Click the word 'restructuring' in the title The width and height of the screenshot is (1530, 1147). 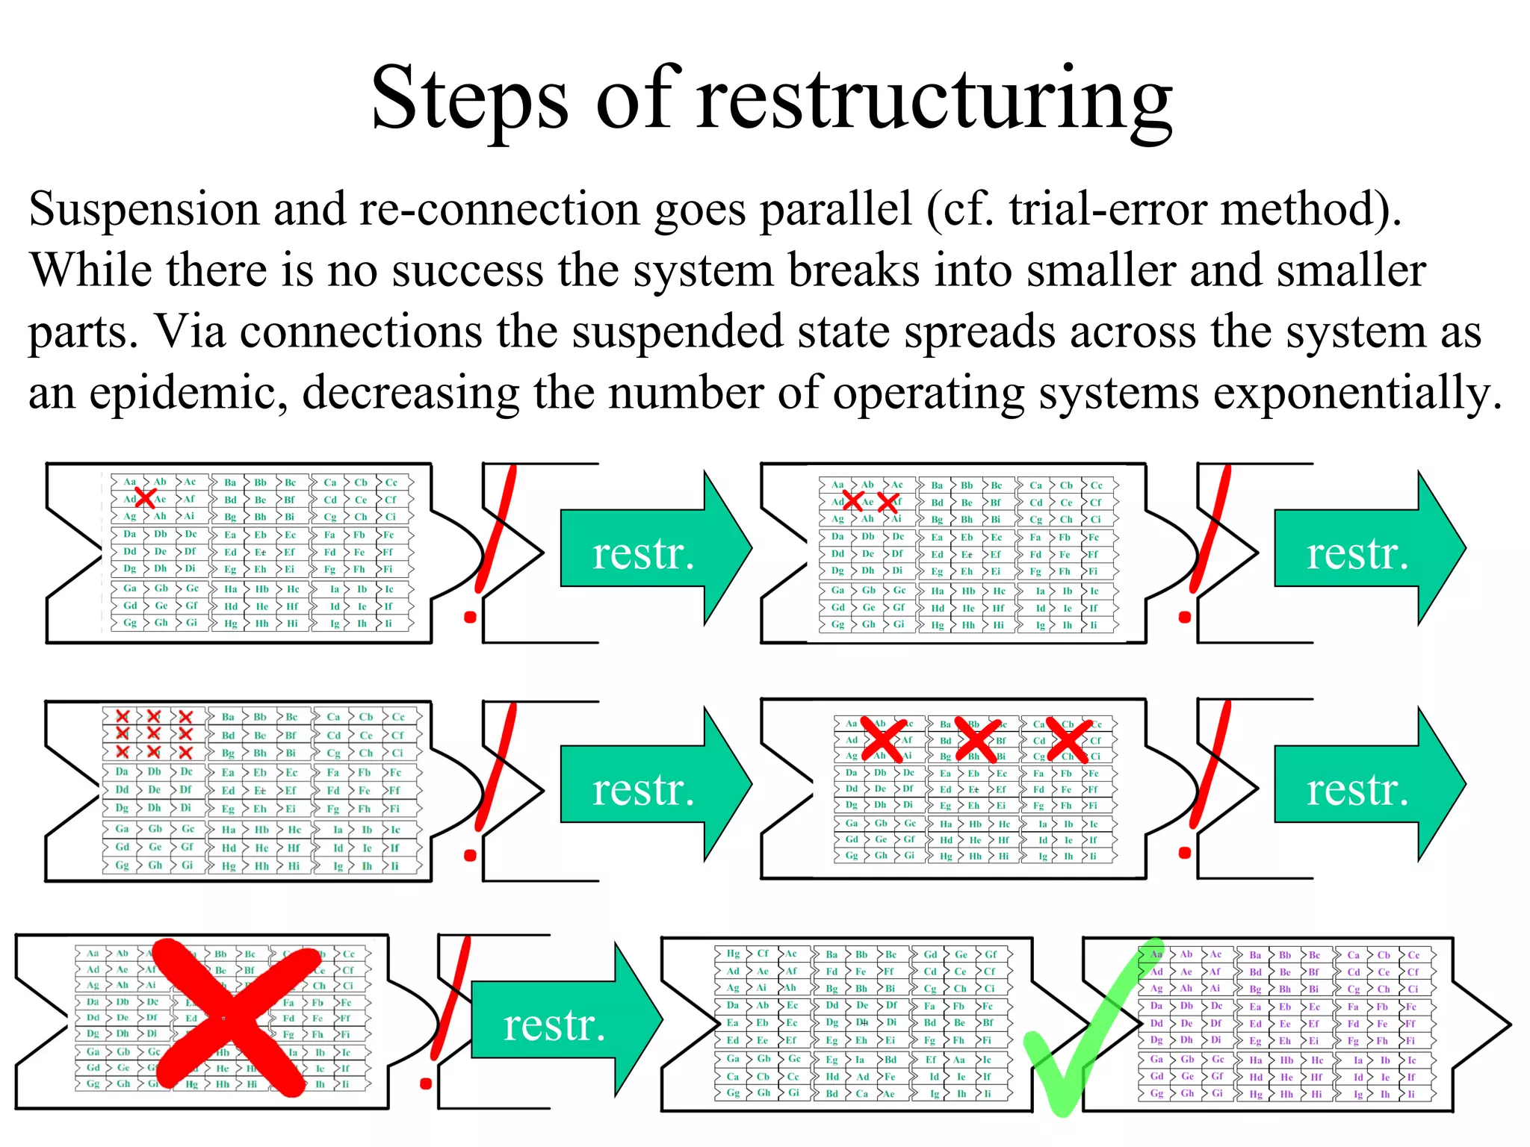coord(934,101)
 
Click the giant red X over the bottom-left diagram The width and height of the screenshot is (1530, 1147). coord(227,1018)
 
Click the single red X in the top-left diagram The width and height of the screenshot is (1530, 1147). coord(145,497)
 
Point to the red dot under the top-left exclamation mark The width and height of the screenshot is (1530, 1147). coord(470,617)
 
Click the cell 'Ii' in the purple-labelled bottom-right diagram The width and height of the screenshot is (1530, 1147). coord(1410,1094)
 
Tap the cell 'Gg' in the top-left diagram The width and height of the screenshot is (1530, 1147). coord(130,623)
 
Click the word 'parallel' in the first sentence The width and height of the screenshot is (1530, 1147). coord(837,210)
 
